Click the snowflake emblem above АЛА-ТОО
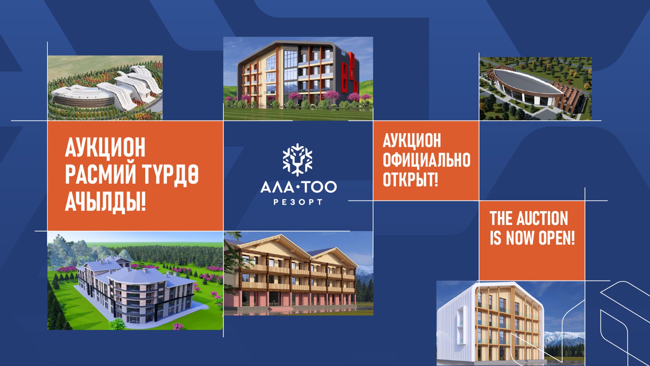tap(297, 159)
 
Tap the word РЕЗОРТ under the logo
tap(298, 202)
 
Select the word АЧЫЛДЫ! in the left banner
tap(105, 201)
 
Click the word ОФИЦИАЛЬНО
tap(426, 160)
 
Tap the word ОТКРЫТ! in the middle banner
tap(410, 180)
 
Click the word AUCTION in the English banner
tap(542, 219)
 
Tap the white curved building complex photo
tap(105, 88)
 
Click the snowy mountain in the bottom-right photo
tap(565, 338)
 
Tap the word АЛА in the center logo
tap(276, 187)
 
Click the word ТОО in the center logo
tap(319, 187)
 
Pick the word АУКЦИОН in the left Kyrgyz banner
tap(105, 148)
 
